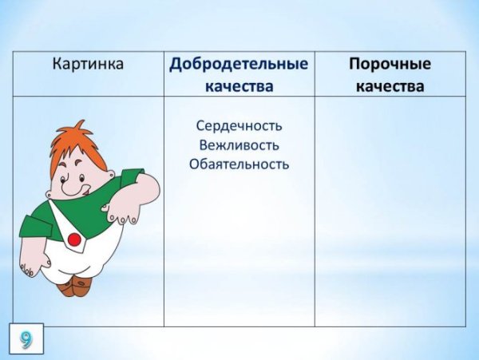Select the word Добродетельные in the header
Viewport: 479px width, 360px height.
(x=239, y=65)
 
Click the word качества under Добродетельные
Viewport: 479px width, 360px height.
(x=239, y=85)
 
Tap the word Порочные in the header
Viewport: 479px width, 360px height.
(x=390, y=65)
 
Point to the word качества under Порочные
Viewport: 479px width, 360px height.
(x=390, y=85)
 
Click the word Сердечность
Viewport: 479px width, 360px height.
(x=239, y=126)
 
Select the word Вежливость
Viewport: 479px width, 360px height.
(x=239, y=145)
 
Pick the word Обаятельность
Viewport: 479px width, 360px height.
(x=239, y=164)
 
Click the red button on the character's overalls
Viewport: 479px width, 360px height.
(x=73, y=239)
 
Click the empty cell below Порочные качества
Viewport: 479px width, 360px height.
(x=390, y=212)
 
